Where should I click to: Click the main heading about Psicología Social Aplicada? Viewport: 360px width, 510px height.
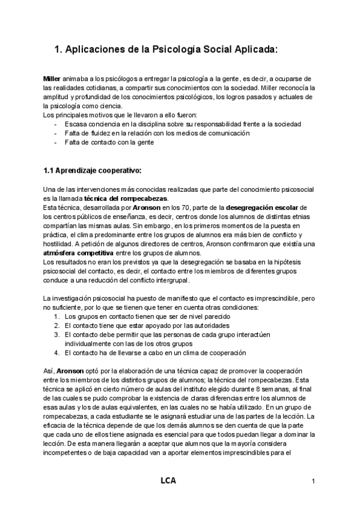166,51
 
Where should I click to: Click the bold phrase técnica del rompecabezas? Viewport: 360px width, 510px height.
127,200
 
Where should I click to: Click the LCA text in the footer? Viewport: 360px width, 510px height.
168,481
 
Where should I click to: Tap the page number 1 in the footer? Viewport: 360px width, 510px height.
313,482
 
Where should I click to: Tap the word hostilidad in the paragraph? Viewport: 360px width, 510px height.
59,244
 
